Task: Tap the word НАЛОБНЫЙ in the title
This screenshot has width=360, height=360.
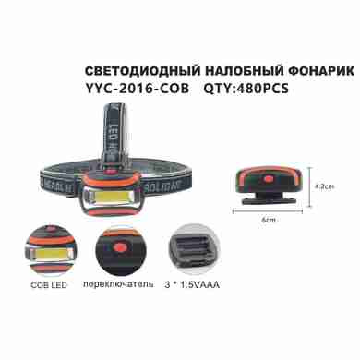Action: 244,71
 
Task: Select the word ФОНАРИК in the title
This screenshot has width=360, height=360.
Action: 321,71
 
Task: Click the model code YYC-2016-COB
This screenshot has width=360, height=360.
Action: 137,89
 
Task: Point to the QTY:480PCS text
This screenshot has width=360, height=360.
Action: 246,89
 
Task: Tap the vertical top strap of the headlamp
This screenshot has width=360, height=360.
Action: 117,136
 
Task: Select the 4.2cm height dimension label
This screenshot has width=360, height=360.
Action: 325,186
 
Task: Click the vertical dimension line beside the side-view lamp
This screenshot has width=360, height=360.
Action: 310,187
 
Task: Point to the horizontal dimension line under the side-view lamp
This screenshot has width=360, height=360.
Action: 268,211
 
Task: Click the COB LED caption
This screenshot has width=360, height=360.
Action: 49,285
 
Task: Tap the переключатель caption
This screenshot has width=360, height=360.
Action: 118,284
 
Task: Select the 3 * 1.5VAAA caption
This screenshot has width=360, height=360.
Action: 192,285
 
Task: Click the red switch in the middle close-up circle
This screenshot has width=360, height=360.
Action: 118,246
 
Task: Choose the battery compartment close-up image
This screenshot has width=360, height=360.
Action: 194,249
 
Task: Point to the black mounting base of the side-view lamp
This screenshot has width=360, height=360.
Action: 269,198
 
